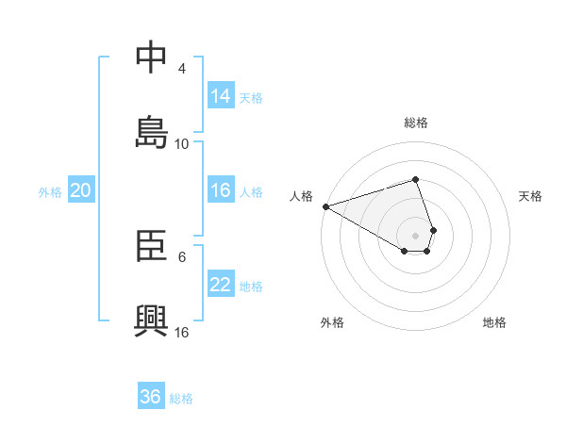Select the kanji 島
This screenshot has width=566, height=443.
pyautogui.click(x=152, y=131)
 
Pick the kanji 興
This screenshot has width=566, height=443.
pyautogui.click(x=152, y=320)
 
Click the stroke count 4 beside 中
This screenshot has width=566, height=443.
pyautogui.click(x=182, y=69)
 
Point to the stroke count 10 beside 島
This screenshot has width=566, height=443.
pyautogui.click(x=182, y=143)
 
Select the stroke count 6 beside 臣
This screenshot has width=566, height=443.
pyautogui.click(x=182, y=256)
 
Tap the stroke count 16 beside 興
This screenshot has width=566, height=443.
pyautogui.click(x=182, y=332)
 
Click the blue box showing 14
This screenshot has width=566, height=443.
pyautogui.click(x=221, y=95)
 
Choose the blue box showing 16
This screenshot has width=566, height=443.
pyautogui.click(x=221, y=190)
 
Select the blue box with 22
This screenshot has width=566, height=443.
pyautogui.click(x=221, y=285)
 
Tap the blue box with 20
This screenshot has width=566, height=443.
pyautogui.click(x=81, y=190)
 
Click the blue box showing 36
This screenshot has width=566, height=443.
pyautogui.click(x=151, y=397)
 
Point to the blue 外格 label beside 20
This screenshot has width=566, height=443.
pyautogui.click(x=50, y=192)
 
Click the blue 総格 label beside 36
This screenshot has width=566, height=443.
pyautogui.click(x=181, y=399)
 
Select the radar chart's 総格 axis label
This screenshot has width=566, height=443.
pyautogui.click(x=416, y=123)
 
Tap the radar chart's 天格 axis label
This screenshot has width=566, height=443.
pyautogui.click(x=530, y=196)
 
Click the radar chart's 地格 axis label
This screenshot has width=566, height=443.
pyautogui.click(x=494, y=323)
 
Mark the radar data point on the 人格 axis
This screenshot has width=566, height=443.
pyautogui.click(x=325, y=205)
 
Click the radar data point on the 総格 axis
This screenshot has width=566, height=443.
pyautogui.click(x=416, y=179)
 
